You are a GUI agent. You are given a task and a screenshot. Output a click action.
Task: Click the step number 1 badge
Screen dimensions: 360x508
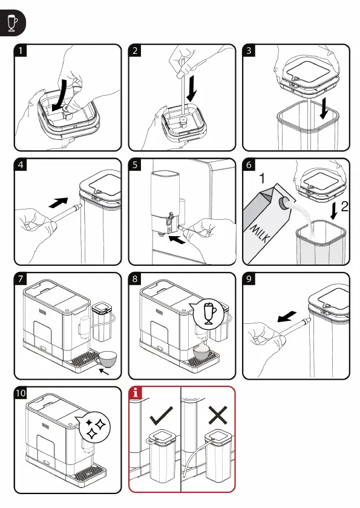[x=21, y=50]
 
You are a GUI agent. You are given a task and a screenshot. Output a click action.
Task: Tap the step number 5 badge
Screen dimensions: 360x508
[x=135, y=165]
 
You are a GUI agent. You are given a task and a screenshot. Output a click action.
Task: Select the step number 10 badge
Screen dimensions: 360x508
[x=21, y=394]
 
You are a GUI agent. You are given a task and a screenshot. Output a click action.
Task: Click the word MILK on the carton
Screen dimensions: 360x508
[x=260, y=233]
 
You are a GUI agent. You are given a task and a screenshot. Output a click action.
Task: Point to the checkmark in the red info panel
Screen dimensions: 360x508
[x=161, y=415]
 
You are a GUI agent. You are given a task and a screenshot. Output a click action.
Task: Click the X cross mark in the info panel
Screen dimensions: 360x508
[x=218, y=416]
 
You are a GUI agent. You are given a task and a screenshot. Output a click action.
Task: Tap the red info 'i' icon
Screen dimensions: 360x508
[x=136, y=393]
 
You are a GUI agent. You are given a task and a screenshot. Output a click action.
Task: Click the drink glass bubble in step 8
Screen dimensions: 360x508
[x=208, y=313]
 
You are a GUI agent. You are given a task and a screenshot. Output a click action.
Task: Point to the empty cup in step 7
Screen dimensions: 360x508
[x=106, y=359]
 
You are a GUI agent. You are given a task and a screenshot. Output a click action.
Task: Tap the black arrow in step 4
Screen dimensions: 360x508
[x=58, y=202]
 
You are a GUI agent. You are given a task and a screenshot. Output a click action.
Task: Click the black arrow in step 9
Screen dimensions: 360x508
[x=287, y=317]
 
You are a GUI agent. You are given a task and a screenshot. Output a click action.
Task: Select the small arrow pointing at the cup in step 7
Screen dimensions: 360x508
[x=104, y=371]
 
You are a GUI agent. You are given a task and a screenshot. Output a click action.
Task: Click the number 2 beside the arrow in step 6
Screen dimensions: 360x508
[x=344, y=206]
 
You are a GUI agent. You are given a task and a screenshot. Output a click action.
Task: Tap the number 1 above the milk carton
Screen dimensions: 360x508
[x=262, y=178]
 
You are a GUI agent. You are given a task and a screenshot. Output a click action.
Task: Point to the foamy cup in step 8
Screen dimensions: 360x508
[x=203, y=351]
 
